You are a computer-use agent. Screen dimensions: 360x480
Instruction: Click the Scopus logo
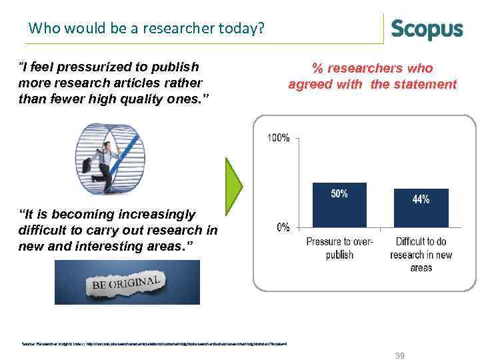click(x=427, y=29)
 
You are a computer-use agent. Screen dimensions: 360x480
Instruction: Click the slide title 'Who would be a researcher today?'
click(x=147, y=29)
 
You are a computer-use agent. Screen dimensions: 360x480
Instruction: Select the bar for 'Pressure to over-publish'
click(x=339, y=204)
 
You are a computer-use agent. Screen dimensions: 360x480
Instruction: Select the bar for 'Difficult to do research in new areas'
click(x=421, y=207)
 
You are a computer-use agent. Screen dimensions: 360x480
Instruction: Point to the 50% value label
click(x=339, y=193)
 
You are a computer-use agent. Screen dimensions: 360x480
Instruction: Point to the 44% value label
click(x=421, y=199)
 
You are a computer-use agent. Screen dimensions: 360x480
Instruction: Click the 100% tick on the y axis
click(x=278, y=138)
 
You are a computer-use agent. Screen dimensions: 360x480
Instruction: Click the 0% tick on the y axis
click(x=283, y=227)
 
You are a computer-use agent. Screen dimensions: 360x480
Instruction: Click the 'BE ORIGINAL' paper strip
click(x=127, y=282)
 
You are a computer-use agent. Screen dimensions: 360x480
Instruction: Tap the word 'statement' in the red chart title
click(x=425, y=84)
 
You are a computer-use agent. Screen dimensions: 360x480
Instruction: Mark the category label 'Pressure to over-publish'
click(x=339, y=248)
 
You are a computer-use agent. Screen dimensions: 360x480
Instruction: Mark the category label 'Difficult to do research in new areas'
click(x=421, y=254)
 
